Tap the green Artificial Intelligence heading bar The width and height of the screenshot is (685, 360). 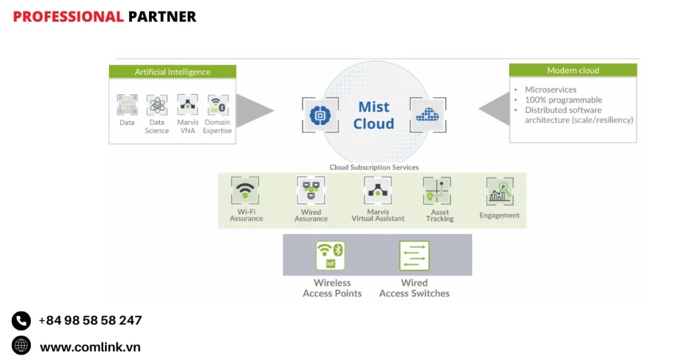point(173,72)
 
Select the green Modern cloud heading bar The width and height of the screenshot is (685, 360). point(573,70)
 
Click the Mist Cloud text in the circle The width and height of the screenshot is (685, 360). point(374,115)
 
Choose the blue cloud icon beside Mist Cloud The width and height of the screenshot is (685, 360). point(426,115)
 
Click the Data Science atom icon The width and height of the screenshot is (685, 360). point(157,105)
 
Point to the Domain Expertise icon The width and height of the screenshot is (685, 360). point(217,105)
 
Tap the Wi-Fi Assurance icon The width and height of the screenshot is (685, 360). point(246,191)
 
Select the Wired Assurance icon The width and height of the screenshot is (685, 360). point(311,191)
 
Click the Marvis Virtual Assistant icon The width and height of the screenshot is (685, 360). point(378,191)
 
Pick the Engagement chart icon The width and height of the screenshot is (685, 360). point(500,192)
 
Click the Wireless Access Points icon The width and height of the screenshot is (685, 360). point(330,256)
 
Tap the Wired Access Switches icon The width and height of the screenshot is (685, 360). point(414,256)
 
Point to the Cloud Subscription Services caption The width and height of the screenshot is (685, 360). point(374,167)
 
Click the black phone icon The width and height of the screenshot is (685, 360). point(21,321)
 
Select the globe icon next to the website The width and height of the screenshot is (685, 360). point(21,346)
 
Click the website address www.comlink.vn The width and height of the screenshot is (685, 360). point(90,347)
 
